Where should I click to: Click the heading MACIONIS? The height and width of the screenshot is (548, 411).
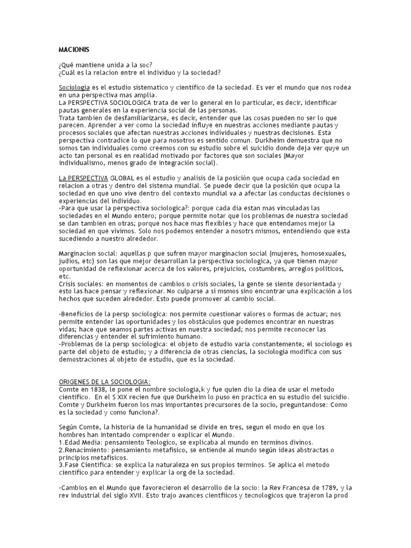pyautogui.click(x=71, y=50)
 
